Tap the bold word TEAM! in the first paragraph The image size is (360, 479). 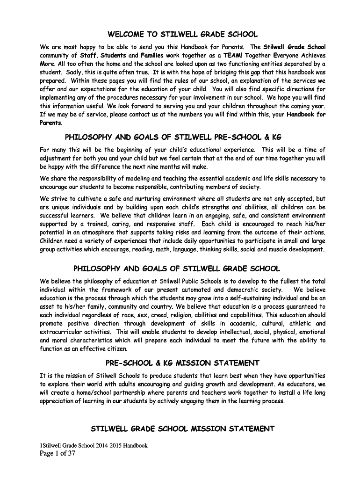coord(232,55)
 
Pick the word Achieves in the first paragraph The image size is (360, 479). coord(310,55)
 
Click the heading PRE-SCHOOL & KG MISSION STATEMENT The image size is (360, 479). coord(182,363)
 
